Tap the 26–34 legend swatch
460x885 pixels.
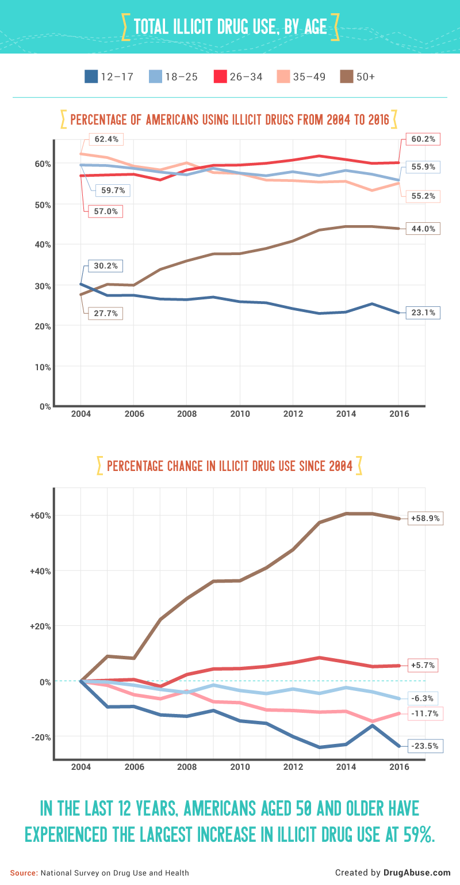pyautogui.click(x=220, y=76)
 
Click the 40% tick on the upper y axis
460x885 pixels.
pyautogui.click(x=44, y=245)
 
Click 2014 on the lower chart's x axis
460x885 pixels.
pyautogui.click(x=346, y=767)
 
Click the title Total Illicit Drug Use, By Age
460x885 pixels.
pyautogui.click(x=230, y=26)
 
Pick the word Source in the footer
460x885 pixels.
pyautogui.click(x=23, y=873)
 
